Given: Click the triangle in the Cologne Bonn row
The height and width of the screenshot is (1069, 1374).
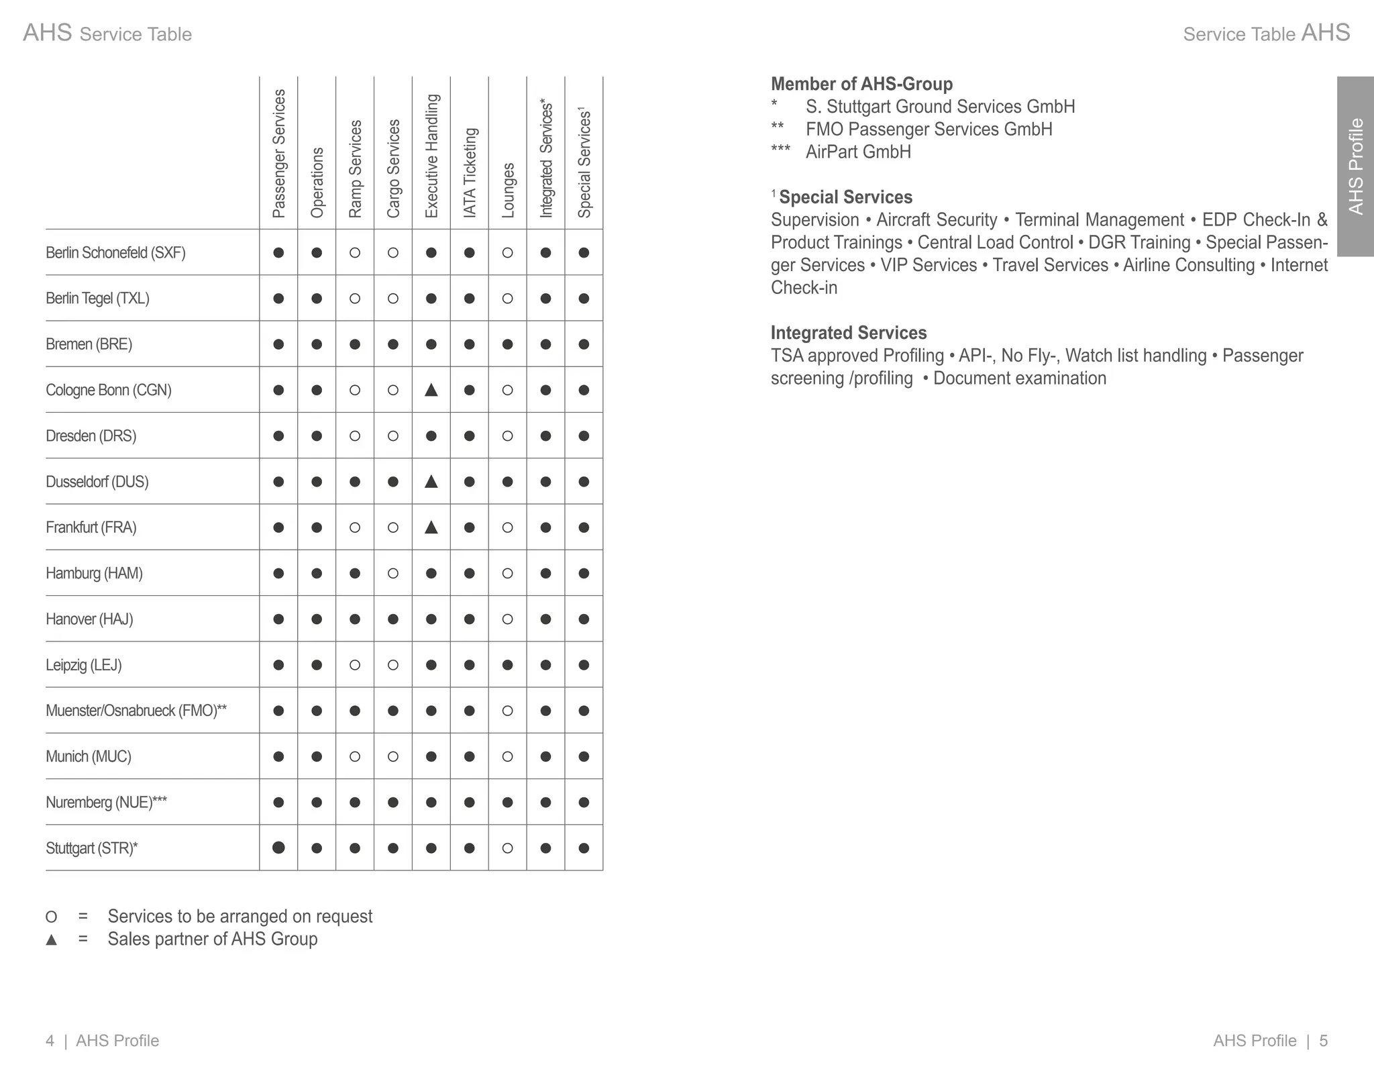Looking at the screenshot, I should coord(431,390).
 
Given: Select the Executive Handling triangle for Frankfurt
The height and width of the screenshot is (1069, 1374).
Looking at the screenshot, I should coord(431,527).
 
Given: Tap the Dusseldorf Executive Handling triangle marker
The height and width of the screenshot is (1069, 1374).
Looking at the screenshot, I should coord(431,481).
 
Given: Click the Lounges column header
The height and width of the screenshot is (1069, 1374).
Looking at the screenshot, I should coord(508,190).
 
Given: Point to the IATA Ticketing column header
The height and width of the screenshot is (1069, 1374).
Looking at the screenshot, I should coord(470,172).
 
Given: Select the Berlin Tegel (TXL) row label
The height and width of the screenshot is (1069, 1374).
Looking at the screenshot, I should coord(97,298).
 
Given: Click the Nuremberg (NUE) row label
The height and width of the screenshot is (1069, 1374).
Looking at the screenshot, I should coord(106,802).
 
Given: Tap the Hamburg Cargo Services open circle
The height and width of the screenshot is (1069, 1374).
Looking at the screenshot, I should coord(393,573).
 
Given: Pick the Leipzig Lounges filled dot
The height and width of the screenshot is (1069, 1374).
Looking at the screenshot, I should coord(508,665).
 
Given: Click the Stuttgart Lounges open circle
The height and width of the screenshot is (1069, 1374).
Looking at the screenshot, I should coord(508,848).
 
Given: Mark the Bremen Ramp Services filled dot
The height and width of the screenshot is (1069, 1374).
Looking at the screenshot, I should coord(355,344).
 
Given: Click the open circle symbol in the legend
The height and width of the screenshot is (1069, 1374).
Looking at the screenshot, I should coord(51,917).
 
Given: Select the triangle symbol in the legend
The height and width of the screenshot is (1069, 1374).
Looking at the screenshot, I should coord(51,939).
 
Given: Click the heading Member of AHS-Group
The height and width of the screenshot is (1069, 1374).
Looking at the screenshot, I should coord(861,84).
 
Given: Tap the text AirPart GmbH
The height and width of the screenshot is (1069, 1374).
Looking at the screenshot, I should coord(858,152).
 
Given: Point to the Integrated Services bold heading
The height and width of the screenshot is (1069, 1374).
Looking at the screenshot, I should coord(848,333).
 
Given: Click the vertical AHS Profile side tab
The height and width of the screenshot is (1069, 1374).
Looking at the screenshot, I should coord(1355,166).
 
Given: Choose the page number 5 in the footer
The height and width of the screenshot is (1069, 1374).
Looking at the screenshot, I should coord(1323,1041).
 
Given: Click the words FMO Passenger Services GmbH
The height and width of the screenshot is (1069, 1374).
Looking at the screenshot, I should coord(929,129).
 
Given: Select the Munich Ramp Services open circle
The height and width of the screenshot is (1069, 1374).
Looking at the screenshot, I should coord(355,756).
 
